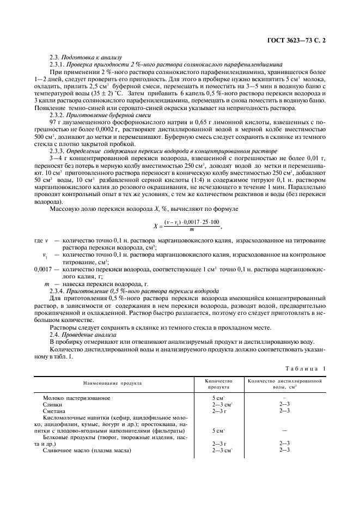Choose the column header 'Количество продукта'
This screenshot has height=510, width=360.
click(x=219, y=383)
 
